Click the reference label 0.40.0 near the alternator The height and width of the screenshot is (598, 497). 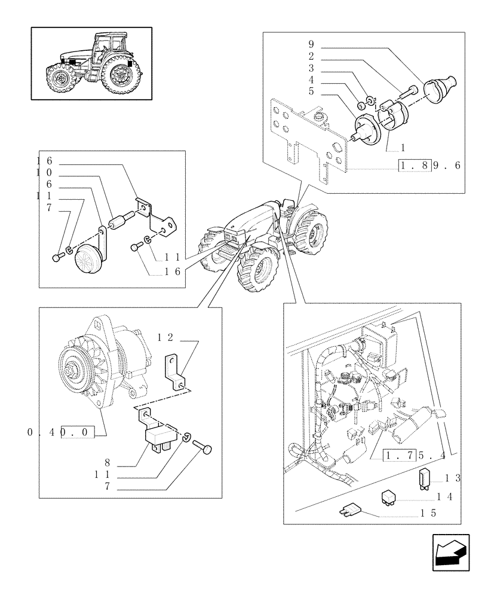61,432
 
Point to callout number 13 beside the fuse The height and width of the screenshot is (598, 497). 452,478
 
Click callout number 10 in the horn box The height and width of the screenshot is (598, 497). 44,173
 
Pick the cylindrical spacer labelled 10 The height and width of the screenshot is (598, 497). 116,224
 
